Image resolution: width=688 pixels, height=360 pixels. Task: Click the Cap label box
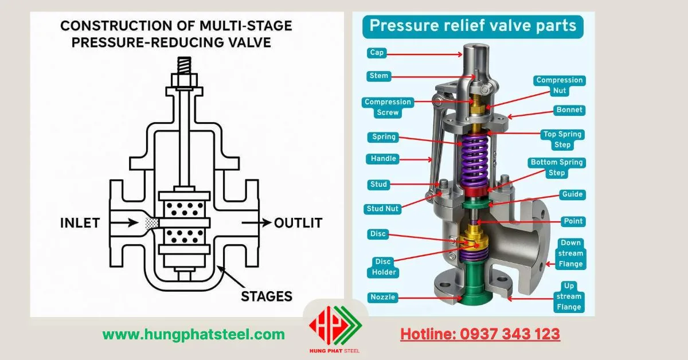pos(377,53)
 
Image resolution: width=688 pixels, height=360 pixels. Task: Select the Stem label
pos(379,76)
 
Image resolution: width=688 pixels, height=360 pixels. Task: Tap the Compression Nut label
pos(559,85)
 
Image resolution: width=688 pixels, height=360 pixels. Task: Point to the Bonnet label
pos(569,109)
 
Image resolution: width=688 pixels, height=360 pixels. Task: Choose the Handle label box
pos(384,159)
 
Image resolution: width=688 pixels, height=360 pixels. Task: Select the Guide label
pos(572,194)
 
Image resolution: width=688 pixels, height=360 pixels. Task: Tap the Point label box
pos(573,221)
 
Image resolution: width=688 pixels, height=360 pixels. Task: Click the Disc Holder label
pos(385,267)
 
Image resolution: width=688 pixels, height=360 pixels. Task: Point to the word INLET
pos(80,223)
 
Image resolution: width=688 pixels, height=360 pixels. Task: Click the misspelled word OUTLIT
pos(298,223)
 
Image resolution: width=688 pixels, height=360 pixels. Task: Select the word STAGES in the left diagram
pos(267,296)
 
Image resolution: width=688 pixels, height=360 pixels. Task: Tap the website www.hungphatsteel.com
pos(193,334)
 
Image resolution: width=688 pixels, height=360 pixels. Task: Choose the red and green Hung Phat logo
pos(335,327)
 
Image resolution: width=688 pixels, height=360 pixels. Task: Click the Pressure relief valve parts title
pos(473,26)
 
